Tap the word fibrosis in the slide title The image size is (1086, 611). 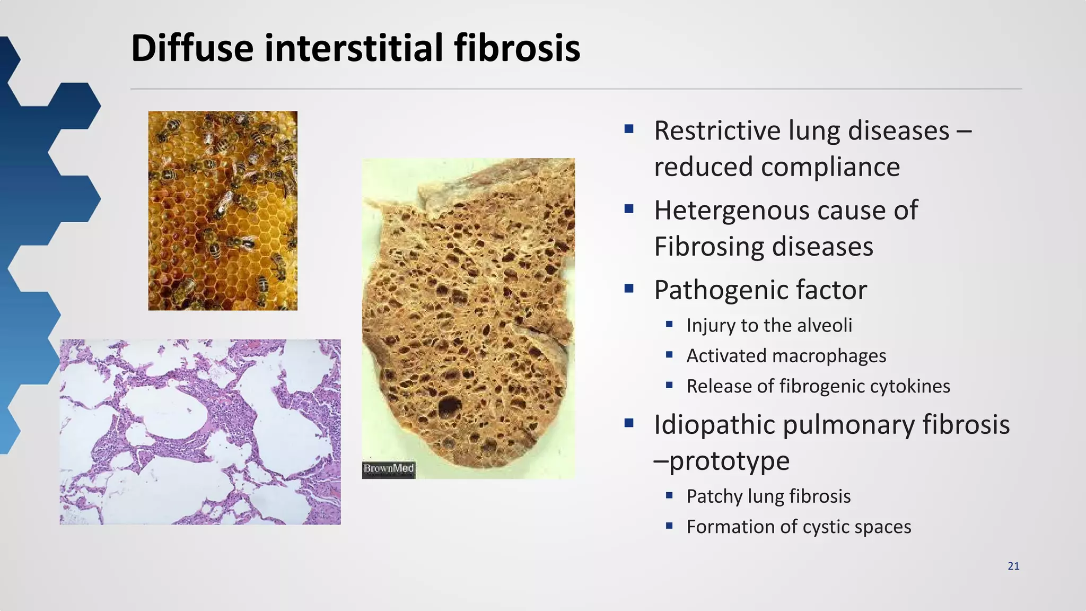517,48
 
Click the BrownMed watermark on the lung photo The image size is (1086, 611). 389,469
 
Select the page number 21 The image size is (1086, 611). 1013,566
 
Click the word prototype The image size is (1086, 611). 729,461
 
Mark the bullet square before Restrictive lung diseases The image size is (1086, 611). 629,128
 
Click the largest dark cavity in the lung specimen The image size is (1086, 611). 449,407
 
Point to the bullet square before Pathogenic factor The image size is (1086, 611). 629,289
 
